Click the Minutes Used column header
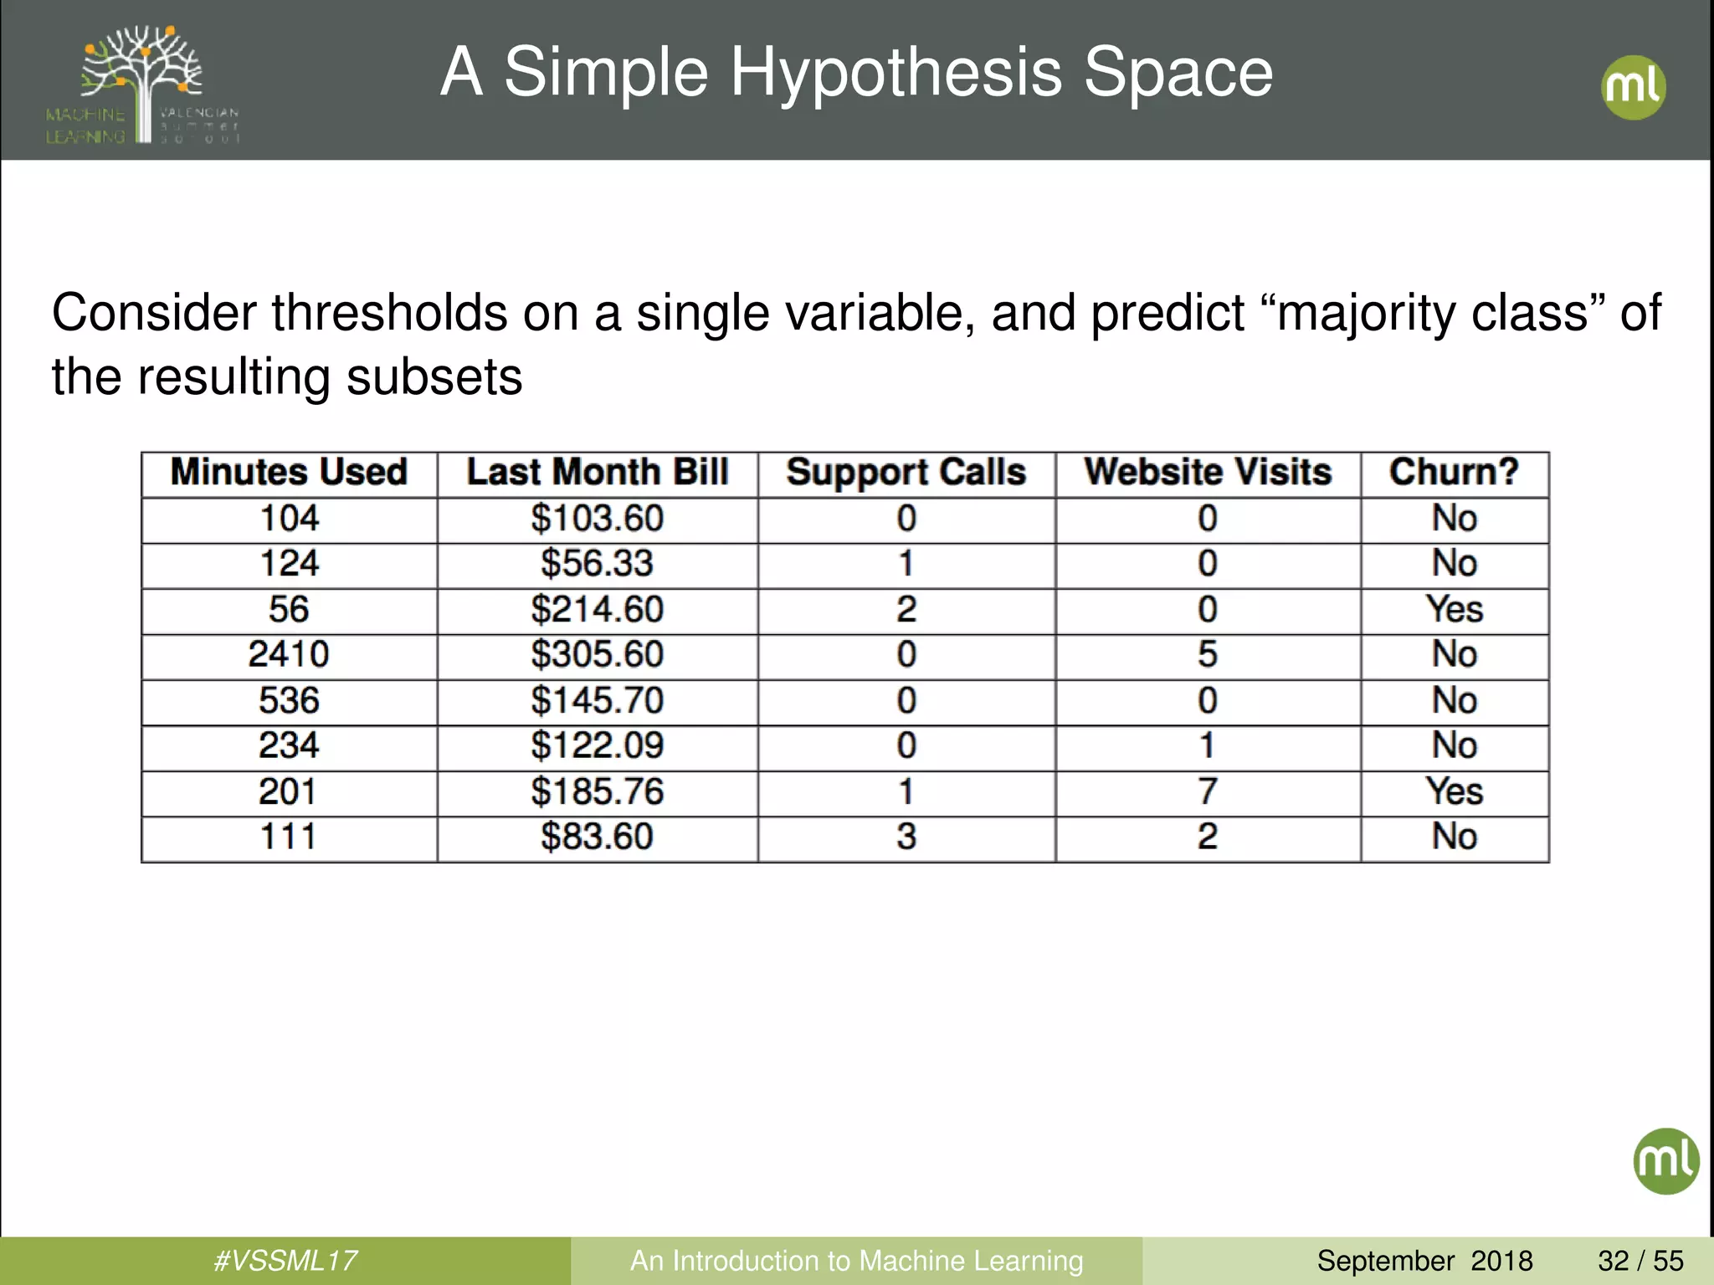pos(289,473)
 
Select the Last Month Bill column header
pos(597,473)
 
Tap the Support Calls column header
pos(906,473)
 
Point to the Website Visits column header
pos(1208,473)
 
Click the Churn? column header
pos(1454,473)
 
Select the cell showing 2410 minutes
pos(289,654)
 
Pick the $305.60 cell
pos(597,654)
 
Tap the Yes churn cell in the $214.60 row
pos(1454,609)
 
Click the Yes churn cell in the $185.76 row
pos(1454,791)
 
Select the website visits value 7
pos(1207,791)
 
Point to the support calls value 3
pos(906,837)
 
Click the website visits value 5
pos(1207,654)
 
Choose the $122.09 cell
pos(597,745)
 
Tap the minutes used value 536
pos(289,700)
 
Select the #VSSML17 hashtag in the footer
pos(285,1261)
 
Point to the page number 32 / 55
pos(1640,1261)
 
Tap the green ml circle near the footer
pos(1665,1161)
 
